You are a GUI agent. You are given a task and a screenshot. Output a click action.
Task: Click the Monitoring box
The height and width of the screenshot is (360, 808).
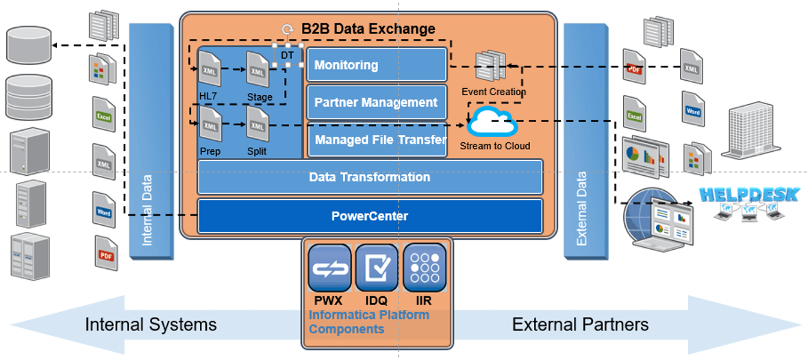pyautogui.click(x=376, y=65)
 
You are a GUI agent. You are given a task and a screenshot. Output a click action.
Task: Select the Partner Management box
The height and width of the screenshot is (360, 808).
pyautogui.click(x=376, y=103)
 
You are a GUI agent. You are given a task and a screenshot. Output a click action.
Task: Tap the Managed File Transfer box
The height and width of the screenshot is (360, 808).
pyautogui.click(x=376, y=140)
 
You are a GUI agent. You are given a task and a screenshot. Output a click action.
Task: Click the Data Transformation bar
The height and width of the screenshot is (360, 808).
pyautogui.click(x=370, y=177)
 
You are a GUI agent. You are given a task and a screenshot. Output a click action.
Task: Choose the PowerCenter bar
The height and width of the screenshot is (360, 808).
pyautogui.click(x=370, y=216)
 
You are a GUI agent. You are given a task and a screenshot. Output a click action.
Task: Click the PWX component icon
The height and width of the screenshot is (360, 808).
pyautogui.click(x=329, y=268)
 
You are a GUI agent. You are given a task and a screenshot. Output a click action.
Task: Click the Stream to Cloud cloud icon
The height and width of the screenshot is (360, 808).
pyautogui.click(x=492, y=123)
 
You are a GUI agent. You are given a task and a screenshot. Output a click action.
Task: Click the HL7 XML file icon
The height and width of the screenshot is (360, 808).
pyautogui.click(x=210, y=69)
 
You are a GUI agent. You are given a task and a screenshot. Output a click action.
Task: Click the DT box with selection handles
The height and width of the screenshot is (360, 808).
pyautogui.click(x=288, y=54)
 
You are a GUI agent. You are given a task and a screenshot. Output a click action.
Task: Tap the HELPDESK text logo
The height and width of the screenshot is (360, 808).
pyautogui.click(x=748, y=195)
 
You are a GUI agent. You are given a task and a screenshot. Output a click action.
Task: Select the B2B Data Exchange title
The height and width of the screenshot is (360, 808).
pyautogui.click(x=368, y=29)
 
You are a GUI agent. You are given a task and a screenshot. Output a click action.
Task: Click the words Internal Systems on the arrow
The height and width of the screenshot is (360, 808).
pyautogui.click(x=151, y=324)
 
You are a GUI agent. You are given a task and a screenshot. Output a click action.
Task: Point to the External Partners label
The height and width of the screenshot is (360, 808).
pyautogui.click(x=580, y=324)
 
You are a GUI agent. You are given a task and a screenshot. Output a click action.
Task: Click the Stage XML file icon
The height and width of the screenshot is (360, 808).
pyautogui.click(x=257, y=69)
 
